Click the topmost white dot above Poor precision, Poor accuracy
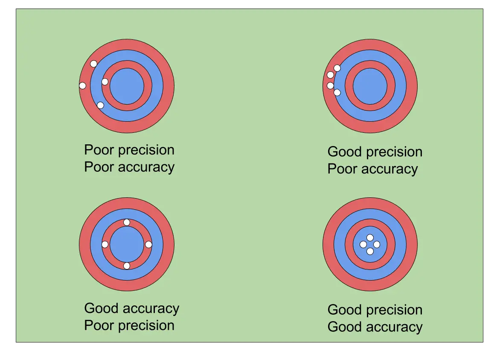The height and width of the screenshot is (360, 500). [93, 64]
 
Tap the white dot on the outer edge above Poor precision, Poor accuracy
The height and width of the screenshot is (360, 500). [83, 86]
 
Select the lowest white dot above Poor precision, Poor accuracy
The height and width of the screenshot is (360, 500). [100, 105]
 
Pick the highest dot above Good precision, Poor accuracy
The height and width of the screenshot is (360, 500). [337, 68]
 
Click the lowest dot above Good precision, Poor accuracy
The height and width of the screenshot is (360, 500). [337, 92]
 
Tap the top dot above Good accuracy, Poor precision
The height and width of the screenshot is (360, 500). [127, 222]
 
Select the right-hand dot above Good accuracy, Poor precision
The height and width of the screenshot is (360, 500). [148, 245]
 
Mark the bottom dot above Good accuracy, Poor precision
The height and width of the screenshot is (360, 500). [127, 266]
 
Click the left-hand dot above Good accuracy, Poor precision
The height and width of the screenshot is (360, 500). [105, 245]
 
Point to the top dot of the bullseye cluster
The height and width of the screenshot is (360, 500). [370, 238]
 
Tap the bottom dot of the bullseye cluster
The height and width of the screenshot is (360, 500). [370, 251]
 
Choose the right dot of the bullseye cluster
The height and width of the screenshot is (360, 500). [377, 245]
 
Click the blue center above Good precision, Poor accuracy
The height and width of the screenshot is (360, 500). [370, 86]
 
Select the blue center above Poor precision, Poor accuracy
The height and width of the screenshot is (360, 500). [127, 86]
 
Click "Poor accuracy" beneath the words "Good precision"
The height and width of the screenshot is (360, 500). [372, 169]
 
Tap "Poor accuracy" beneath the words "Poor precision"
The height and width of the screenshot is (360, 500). [129, 167]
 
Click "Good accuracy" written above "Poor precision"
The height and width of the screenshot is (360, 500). [132, 308]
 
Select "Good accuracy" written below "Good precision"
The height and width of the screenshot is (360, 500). [375, 327]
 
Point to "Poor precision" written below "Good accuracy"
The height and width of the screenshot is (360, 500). [129, 325]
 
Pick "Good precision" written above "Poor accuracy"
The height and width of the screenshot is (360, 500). [375, 152]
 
